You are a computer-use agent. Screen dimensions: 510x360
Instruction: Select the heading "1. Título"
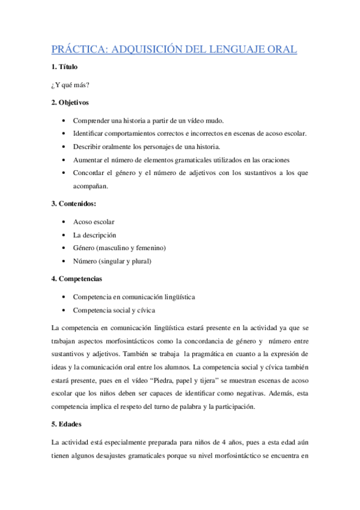coord(64,67)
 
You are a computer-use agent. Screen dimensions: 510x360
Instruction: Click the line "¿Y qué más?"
coord(71,85)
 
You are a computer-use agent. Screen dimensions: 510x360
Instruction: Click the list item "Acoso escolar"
coord(94,222)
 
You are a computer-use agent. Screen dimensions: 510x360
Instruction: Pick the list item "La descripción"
coord(94,235)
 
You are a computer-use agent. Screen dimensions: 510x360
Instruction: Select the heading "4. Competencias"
coord(77,279)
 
